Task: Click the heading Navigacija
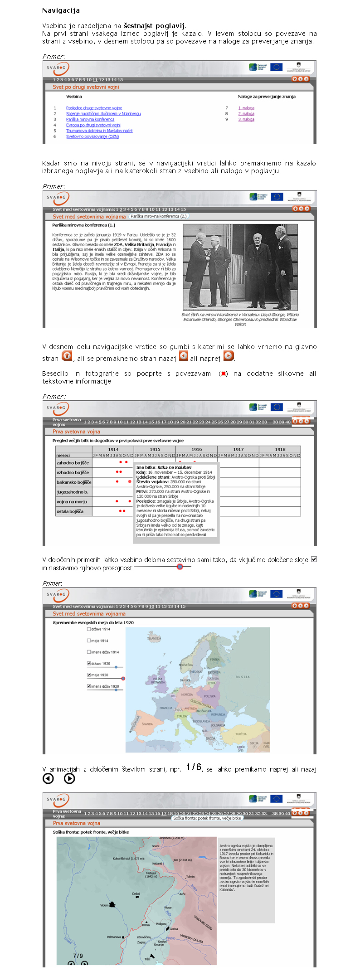click(61, 10)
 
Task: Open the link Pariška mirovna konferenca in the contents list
click(90, 119)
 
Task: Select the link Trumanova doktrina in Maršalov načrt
click(99, 131)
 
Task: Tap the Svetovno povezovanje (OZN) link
click(92, 136)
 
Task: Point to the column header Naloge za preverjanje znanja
click(267, 97)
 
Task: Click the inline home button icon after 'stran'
click(67, 356)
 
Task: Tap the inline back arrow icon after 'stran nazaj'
click(184, 356)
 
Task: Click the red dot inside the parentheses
click(223, 374)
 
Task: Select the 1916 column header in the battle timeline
click(197, 450)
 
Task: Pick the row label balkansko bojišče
click(73, 482)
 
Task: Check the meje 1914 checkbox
click(89, 641)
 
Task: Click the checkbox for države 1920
click(89, 663)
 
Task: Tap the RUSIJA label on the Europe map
click(242, 677)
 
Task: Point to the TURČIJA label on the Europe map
click(241, 734)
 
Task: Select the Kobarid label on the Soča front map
click(157, 863)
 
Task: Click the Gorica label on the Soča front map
click(174, 929)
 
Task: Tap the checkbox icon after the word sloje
click(314, 559)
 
